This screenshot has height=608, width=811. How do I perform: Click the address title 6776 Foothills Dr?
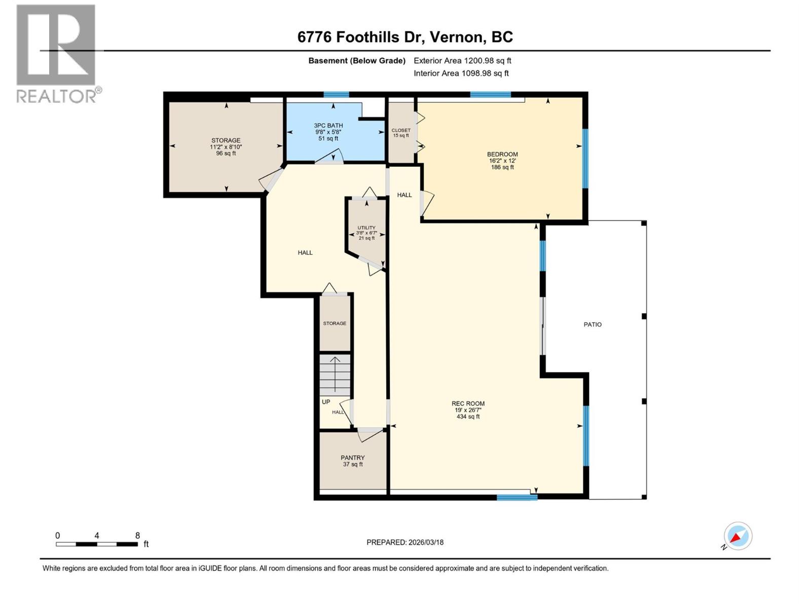[404, 37]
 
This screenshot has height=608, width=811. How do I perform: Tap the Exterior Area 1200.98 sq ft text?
[462, 61]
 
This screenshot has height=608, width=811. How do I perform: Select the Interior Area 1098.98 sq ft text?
[461, 73]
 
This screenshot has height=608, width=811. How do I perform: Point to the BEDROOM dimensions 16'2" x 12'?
[502, 161]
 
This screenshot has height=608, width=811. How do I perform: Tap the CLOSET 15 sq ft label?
[401, 133]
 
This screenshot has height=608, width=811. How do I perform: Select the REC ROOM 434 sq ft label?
[468, 410]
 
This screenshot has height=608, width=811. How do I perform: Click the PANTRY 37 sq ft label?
[353, 461]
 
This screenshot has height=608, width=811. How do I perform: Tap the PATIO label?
[592, 324]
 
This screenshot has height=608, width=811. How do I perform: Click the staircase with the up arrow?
[335, 375]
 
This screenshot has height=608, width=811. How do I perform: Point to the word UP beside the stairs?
[326, 402]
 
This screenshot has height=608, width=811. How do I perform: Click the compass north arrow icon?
[738, 536]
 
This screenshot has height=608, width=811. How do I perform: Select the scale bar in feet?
[97, 544]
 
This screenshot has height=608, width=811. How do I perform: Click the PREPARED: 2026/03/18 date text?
[405, 542]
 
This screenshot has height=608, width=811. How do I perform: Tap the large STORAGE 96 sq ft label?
[226, 146]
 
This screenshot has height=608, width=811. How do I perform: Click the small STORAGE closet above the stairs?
[335, 323]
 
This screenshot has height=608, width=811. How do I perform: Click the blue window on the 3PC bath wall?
[336, 95]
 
